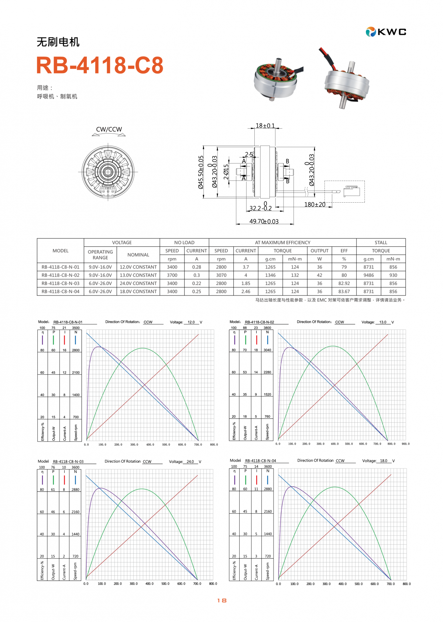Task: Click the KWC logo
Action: click(x=386, y=32)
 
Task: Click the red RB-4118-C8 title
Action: click(x=100, y=65)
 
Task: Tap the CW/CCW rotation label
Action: click(x=109, y=129)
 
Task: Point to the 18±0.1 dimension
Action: click(x=265, y=126)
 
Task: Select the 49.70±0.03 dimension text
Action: click(x=264, y=222)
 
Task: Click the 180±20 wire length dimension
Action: click(x=315, y=204)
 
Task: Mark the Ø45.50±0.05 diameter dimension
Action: click(x=201, y=172)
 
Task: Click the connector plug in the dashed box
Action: click(x=351, y=192)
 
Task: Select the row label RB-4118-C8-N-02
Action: click(x=61, y=275)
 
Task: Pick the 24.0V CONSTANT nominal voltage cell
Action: click(x=138, y=283)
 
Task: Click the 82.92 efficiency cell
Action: click(x=344, y=283)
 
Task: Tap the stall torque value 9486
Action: click(x=368, y=275)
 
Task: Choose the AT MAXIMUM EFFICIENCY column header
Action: click(x=282, y=243)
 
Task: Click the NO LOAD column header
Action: click(x=184, y=243)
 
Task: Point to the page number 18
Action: click(x=221, y=601)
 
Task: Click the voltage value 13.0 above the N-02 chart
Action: click(x=383, y=322)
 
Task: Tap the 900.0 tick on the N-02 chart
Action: click(x=405, y=444)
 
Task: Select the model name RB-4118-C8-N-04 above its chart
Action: click(x=261, y=461)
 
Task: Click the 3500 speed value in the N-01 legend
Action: click(x=76, y=328)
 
